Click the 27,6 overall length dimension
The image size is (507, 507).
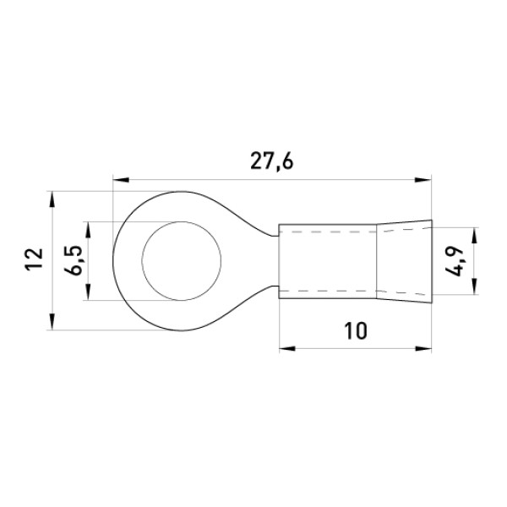272,161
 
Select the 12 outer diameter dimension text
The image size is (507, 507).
35,259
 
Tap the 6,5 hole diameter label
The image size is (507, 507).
74,260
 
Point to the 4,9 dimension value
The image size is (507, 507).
455,261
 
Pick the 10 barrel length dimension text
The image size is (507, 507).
356,330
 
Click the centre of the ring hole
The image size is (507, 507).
182,261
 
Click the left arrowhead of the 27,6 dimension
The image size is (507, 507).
121,180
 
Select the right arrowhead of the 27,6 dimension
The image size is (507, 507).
423,180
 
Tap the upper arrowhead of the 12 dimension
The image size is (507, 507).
52,199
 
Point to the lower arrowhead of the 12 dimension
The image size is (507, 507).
52,322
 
